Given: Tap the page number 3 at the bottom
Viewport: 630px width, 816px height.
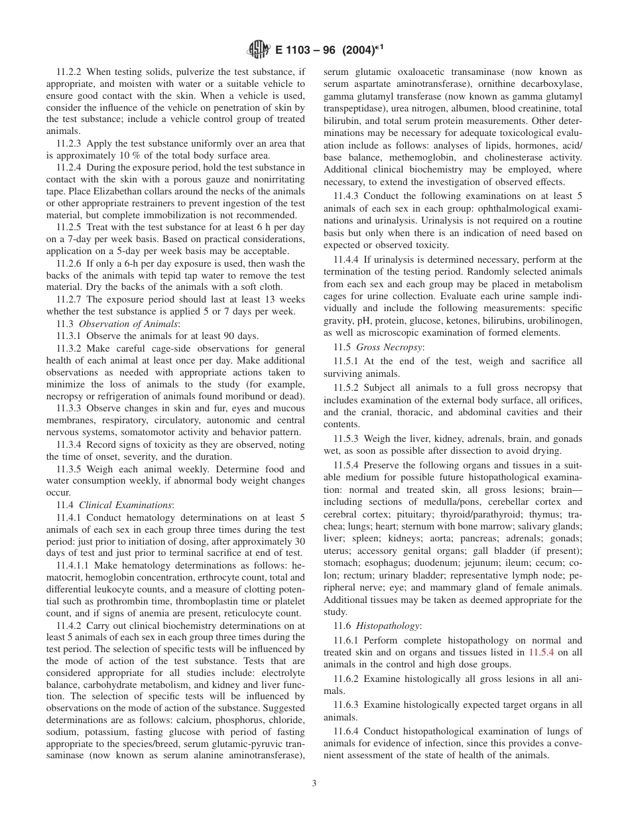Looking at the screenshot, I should pos(314,783).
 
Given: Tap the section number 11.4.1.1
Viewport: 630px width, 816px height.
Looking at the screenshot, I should pos(73,565).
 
